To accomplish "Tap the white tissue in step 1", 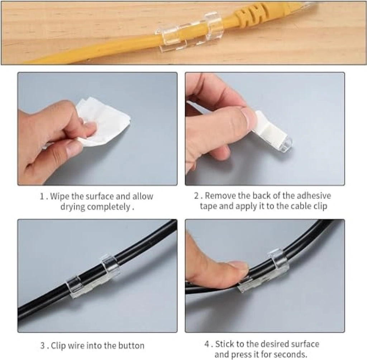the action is tap(103, 122).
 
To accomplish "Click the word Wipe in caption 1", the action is tap(60, 196).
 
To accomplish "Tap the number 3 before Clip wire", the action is tap(43, 346).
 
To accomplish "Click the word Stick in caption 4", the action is tap(225, 344).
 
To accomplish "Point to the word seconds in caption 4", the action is tap(290, 354).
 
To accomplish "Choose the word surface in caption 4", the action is tap(305, 344).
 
